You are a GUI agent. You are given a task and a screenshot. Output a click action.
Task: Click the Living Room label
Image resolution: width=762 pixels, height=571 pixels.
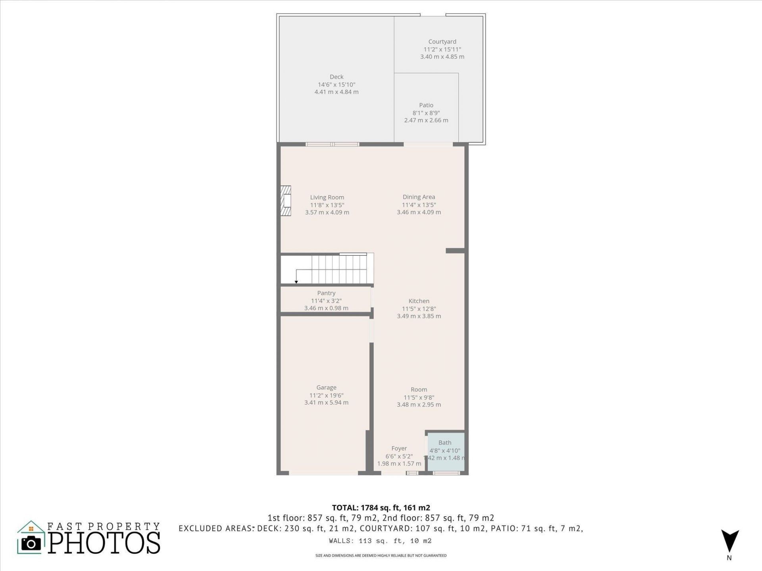[x=327, y=197]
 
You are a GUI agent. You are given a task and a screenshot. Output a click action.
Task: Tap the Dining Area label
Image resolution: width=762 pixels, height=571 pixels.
[x=419, y=197]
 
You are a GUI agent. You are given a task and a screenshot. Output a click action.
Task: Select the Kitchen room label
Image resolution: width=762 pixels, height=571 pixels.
[x=419, y=301]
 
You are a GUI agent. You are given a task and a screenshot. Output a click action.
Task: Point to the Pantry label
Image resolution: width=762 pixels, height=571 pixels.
[x=326, y=293]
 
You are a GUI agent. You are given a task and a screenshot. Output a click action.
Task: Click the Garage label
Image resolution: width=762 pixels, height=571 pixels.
[x=326, y=387]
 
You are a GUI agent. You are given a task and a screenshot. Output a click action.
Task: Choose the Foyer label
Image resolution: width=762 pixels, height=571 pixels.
[x=399, y=448]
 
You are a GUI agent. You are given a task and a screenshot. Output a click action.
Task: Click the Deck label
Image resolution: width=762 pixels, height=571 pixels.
[x=337, y=77]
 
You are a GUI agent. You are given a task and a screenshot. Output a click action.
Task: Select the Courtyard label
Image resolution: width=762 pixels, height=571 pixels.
[x=442, y=42]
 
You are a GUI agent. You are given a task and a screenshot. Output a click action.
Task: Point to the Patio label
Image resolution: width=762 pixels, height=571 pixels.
[x=426, y=105]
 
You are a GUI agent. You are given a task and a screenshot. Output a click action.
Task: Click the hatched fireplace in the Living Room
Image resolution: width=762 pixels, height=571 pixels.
[x=286, y=201]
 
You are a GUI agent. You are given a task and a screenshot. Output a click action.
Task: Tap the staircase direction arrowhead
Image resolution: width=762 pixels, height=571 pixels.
[x=296, y=282]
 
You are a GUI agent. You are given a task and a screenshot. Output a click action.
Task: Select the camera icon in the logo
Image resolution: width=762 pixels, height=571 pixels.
[x=31, y=543]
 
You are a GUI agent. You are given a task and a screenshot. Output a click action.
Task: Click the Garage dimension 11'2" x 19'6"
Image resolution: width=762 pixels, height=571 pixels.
[x=326, y=395]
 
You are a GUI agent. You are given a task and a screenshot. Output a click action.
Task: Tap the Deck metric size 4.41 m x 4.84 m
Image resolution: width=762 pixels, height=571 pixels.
[x=337, y=92]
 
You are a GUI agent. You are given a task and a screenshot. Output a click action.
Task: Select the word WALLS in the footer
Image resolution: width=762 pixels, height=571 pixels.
[x=340, y=541]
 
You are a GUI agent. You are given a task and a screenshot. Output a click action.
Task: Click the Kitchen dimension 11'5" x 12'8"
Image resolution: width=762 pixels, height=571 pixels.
[x=419, y=308]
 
